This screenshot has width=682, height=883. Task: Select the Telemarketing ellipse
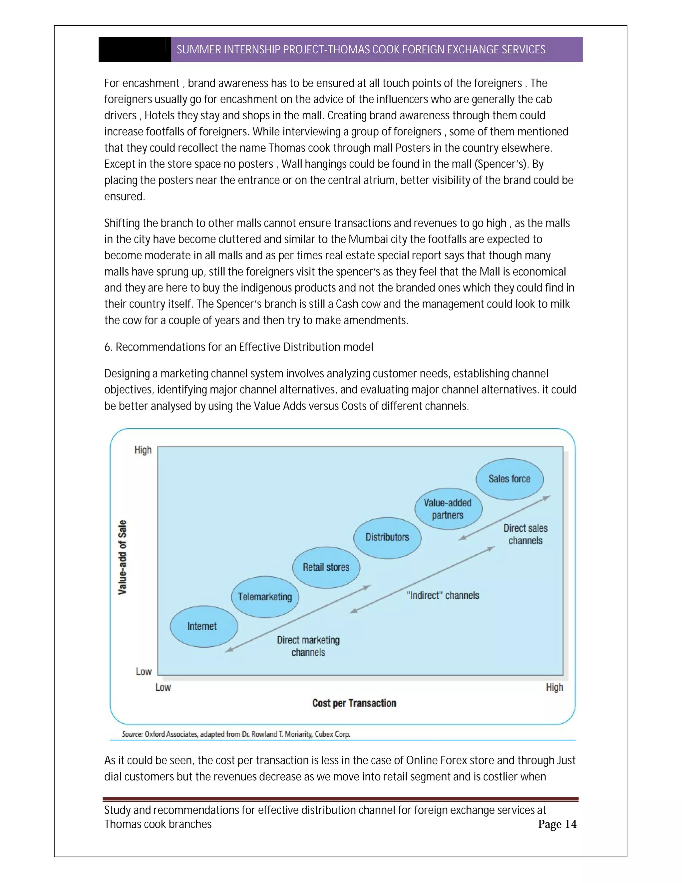coord(265,597)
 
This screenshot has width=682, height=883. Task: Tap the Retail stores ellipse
coord(326,567)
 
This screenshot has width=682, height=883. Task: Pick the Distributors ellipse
coord(387,537)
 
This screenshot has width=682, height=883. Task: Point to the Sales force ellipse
coord(509,479)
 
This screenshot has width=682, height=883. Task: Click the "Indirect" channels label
coord(443,595)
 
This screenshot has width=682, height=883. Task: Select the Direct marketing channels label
coord(308,646)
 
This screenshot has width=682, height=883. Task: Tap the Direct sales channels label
coord(525,534)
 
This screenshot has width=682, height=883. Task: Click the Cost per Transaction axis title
coord(354,703)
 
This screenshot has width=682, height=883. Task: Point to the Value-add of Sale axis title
coord(122,557)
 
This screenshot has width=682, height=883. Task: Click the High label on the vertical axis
coord(143,450)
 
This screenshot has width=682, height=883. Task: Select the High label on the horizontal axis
coord(554,687)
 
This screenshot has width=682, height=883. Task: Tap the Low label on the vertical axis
coord(144,671)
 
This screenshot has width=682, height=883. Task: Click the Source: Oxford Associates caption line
coord(236,734)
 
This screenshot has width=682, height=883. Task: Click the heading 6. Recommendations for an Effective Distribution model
coord(238,347)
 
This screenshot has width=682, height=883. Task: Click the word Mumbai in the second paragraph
coord(368,239)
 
